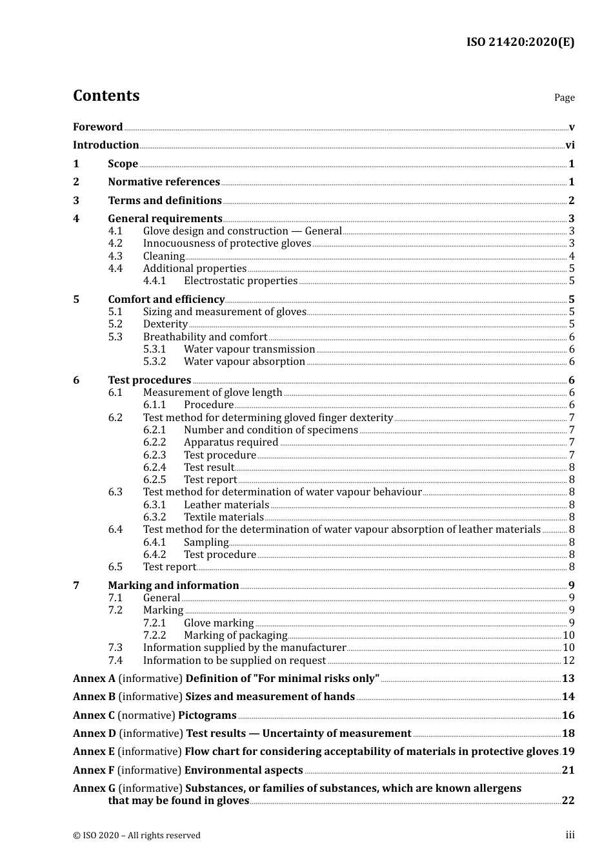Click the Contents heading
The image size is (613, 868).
click(106, 96)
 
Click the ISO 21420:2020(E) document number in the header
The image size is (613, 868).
click(520, 42)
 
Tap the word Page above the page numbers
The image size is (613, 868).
click(564, 98)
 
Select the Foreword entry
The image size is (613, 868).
click(97, 127)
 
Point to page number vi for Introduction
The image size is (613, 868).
click(570, 145)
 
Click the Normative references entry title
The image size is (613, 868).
click(164, 182)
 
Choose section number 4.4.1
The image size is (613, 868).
click(154, 281)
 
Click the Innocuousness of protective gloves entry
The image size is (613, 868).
click(227, 243)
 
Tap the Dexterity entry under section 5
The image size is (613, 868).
click(165, 324)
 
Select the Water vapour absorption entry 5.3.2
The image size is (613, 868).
click(244, 362)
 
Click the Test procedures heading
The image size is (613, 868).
click(150, 380)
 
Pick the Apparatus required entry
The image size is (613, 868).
click(231, 442)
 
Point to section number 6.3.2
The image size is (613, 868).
click(154, 517)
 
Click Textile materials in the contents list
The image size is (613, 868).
click(223, 517)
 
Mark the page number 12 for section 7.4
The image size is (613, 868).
click(568, 661)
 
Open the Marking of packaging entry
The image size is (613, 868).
click(236, 635)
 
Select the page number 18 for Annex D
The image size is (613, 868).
click(568, 734)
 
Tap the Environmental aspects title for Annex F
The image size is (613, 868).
click(243, 770)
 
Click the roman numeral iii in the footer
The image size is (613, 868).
click(570, 835)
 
